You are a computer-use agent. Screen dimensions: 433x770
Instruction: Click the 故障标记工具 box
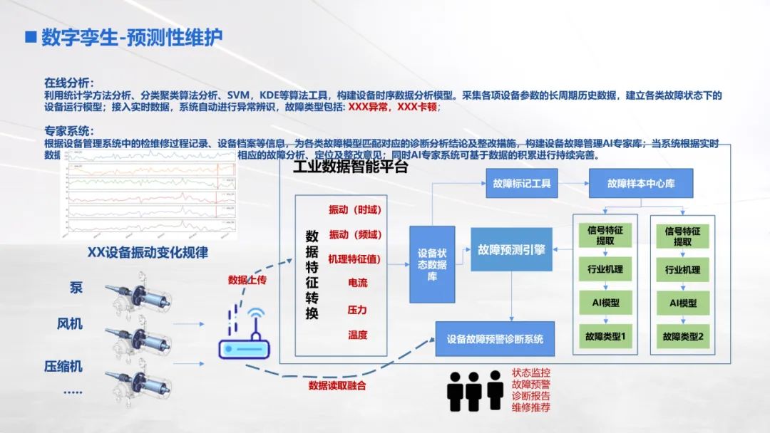(521, 184)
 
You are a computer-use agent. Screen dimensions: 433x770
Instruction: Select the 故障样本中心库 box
(641, 184)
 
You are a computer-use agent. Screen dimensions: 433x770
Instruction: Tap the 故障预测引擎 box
(511, 249)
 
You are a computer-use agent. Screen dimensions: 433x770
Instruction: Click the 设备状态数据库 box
(432, 264)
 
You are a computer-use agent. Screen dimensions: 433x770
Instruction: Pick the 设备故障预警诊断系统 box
(495, 338)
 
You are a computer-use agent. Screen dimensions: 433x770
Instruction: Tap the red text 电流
(357, 283)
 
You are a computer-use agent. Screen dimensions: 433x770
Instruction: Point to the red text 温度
(357, 335)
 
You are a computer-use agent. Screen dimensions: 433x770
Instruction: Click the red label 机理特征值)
(354, 258)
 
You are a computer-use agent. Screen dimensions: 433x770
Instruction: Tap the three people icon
(476, 390)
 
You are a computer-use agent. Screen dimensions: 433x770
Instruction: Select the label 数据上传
(247, 280)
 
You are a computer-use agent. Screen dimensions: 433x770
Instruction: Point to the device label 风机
(70, 324)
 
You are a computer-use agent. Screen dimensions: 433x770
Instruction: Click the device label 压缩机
(63, 367)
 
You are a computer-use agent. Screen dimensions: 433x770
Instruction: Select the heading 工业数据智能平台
(350, 167)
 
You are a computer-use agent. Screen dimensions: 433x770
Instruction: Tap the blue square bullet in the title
(30, 37)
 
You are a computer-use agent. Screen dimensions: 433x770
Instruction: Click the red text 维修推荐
(531, 408)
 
